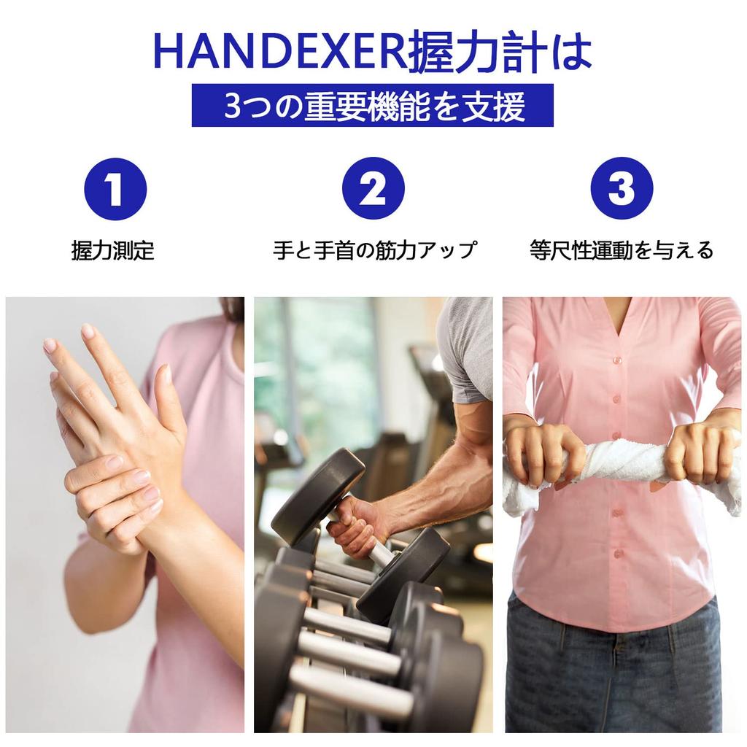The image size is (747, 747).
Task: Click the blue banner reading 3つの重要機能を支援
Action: tap(372, 106)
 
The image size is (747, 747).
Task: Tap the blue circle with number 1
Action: tap(115, 189)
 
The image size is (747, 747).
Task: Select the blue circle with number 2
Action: tap(373, 189)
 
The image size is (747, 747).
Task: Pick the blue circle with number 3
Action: tap(621, 189)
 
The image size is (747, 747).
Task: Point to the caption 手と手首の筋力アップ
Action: tap(374, 251)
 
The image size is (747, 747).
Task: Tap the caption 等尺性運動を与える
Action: tap(621, 251)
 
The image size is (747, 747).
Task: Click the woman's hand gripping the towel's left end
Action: tap(543, 452)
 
